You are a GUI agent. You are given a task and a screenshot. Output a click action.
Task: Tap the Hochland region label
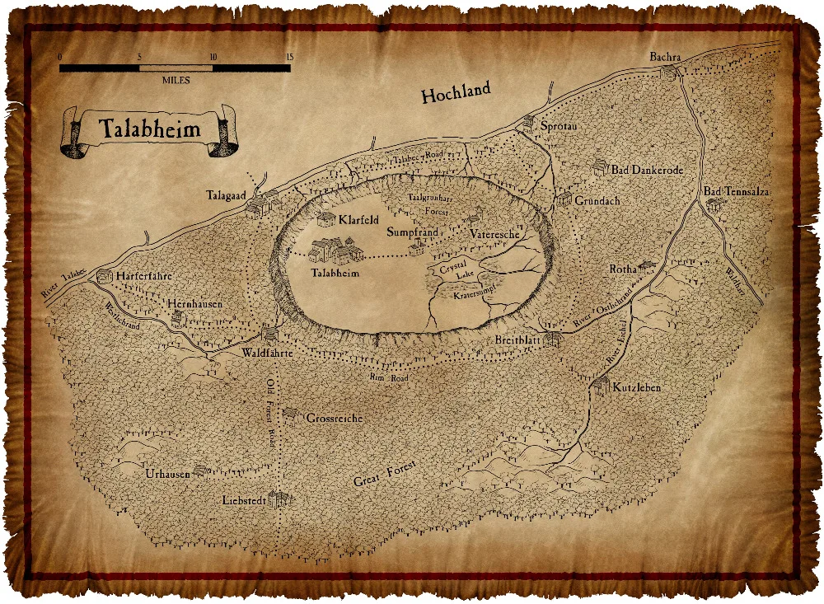456,92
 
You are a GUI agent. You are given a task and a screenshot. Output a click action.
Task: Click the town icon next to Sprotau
528,122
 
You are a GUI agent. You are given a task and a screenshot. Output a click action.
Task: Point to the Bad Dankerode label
647,169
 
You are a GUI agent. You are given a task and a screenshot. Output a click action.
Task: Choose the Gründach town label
597,200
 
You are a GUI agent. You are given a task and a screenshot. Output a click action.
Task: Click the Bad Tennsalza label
736,191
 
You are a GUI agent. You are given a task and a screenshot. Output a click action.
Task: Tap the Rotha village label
622,269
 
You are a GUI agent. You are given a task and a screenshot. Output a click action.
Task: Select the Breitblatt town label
517,340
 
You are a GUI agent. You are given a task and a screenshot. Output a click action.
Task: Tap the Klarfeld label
358,220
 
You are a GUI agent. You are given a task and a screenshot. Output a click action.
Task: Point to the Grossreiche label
334,418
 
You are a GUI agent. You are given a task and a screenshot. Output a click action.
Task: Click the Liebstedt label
245,500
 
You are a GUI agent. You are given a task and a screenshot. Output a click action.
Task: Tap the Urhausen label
167,474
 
